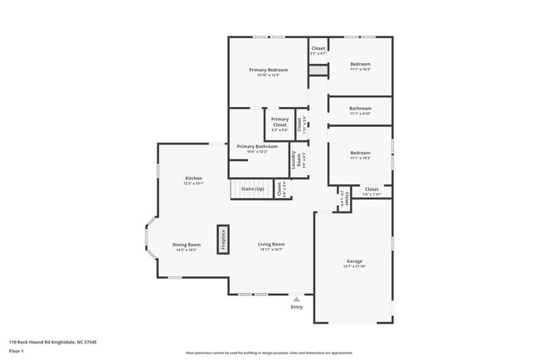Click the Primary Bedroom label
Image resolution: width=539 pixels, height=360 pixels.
pos(268,70)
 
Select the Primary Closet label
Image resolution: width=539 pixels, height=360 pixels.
pos(279,122)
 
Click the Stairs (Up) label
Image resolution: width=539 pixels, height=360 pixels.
pos(252,189)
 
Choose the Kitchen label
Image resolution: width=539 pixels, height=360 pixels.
pos(193,178)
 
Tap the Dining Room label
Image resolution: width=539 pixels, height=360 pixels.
pos(187,245)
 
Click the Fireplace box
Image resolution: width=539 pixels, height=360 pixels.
pos(222,239)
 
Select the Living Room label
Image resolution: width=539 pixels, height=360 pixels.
pos(271,244)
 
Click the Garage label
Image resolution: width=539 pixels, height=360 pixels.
pos(354,260)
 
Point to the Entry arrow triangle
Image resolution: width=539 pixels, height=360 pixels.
pos(297,299)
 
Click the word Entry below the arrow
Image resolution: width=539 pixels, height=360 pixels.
pos(297,307)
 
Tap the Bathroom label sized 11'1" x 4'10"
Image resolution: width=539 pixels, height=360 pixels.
pos(360,108)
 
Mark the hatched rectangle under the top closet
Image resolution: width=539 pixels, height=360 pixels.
pos(318,71)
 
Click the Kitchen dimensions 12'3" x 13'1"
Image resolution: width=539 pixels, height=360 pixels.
pos(193,184)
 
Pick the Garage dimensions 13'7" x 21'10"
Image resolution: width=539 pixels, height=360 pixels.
pos(354,266)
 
